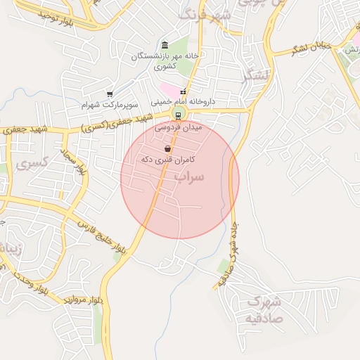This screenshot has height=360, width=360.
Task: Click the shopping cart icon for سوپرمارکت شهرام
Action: (110, 94)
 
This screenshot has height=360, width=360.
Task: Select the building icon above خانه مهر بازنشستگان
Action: (165, 45)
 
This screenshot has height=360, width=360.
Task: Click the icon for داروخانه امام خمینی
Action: (183, 91)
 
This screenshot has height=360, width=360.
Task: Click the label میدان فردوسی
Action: (177, 129)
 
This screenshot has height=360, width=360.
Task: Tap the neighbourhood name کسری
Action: (32, 165)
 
